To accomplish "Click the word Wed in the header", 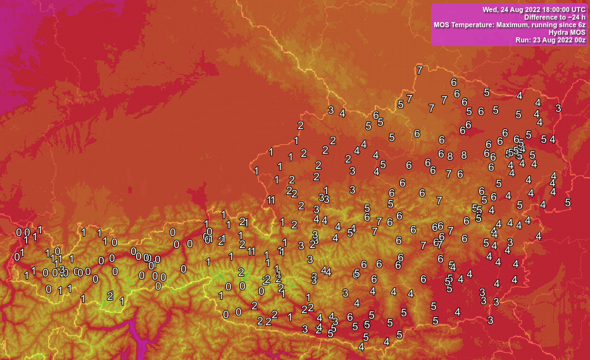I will pos(490,9).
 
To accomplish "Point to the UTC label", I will pos(577,9).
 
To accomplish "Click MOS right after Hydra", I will pos(577,32).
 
